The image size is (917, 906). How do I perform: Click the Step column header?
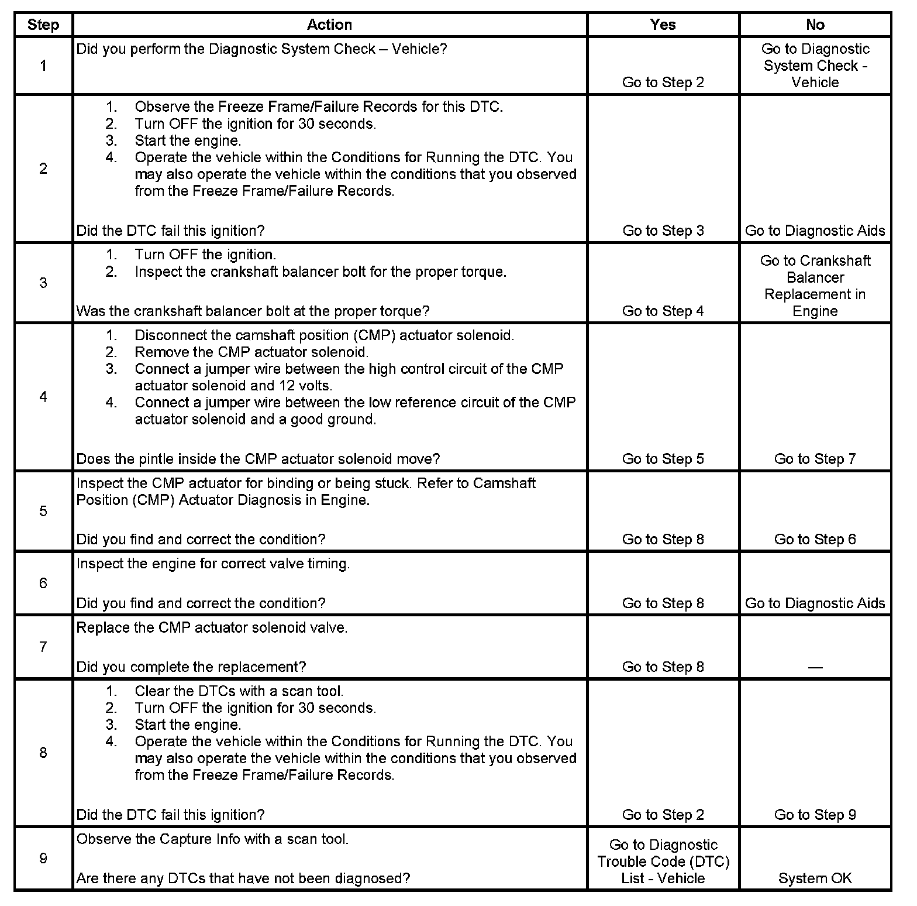pyautogui.click(x=43, y=25)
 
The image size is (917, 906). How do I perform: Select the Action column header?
pyautogui.click(x=329, y=25)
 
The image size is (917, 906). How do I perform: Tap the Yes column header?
pyautogui.click(x=663, y=25)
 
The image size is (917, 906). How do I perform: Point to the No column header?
pyautogui.click(x=815, y=25)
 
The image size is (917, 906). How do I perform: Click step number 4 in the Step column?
pyautogui.click(x=43, y=397)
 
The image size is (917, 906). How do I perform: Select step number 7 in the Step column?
pyautogui.click(x=43, y=647)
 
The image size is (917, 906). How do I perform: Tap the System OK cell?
pyautogui.click(x=815, y=878)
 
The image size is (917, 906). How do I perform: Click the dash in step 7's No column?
pyautogui.click(x=815, y=667)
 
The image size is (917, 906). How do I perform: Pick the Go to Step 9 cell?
pyautogui.click(x=815, y=815)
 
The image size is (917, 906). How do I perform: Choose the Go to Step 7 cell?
pyautogui.click(x=815, y=459)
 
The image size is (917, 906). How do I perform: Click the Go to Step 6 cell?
pyautogui.click(x=815, y=539)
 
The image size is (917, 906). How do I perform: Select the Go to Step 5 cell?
pyautogui.click(x=663, y=459)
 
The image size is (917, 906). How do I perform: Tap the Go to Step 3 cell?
pyautogui.click(x=663, y=231)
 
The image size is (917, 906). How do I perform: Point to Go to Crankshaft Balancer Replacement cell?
pyautogui.click(x=815, y=286)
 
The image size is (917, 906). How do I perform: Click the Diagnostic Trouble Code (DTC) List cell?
pyautogui.click(x=663, y=862)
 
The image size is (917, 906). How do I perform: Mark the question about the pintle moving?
pyautogui.click(x=258, y=459)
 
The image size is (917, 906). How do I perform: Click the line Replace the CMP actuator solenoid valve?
pyautogui.click(x=212, y=628)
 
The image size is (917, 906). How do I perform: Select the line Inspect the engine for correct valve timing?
pyautogui.click(x=213, y=564)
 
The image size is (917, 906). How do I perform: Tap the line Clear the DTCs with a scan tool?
pyautogui.click(x=239, y=691)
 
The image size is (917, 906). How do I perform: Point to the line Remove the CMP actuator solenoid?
pyautogui.click(x=251, y=352)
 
